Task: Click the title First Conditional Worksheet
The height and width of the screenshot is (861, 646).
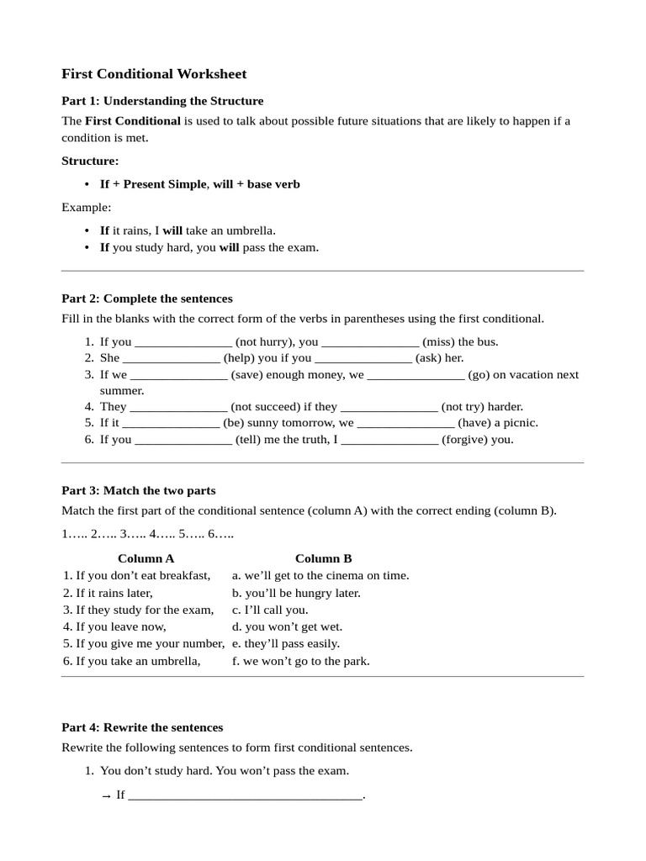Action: pos(154,74)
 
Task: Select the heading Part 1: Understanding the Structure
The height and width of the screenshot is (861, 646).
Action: pos(162,101)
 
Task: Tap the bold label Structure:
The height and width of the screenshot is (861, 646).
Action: pos(90,161)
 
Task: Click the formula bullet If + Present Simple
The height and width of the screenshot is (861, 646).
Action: pos(152,184)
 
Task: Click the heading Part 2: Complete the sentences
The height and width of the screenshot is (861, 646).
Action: pos(147,298)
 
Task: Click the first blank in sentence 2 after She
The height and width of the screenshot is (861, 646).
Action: pos(172,358)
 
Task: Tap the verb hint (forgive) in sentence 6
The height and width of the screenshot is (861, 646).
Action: pos(465,439)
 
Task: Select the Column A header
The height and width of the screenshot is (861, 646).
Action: pos(146,558)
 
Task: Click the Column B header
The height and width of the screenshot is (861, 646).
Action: pos(323,558)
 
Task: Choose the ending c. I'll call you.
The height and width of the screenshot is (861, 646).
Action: pos(270,610)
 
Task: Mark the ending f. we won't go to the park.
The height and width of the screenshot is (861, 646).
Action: pos(300,661)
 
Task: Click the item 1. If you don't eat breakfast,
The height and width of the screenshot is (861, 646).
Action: pos(136,575)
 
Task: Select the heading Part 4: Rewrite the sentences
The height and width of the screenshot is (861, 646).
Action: pos(142,727)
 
